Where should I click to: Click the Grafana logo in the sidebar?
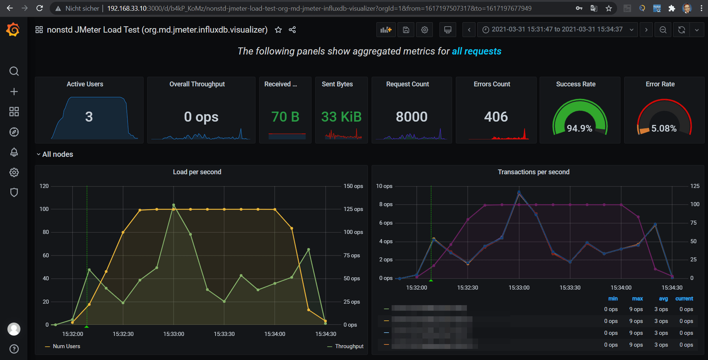pos(13,30)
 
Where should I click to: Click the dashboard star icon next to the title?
pos(278,30)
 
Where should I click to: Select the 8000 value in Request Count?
pos(411,117)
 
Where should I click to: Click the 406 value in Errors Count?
pos(496,117)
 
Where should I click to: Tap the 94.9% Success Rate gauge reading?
pos(580,128)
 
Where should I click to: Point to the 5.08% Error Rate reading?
pos(664,128)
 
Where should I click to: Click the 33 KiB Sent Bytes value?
pos(341,117)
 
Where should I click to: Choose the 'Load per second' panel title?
pos(197,172)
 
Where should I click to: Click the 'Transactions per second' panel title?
pos(533,172)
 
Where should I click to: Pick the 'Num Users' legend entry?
pos(67,346)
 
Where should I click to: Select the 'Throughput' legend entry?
pos(349,346)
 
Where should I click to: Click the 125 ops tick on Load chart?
pos(353,209)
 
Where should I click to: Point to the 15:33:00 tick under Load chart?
pos(174,334)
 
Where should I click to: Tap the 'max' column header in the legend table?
pos(637,299)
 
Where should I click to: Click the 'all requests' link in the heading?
pos(476,51)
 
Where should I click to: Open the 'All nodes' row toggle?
pos(55,155)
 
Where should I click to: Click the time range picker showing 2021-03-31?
pos(557,30)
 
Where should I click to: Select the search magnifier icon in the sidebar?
pos(14,71)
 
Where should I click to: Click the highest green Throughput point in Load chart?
pos(174,205)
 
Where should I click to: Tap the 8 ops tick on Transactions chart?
pos(385,204)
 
